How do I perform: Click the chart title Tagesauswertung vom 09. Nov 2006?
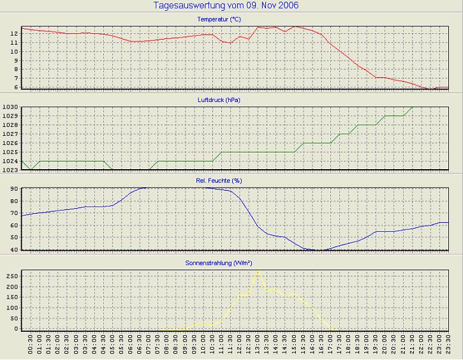(226, 6)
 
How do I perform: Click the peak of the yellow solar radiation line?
(258, 272)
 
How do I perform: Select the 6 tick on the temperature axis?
(16, 87)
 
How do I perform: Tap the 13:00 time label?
(258, 345)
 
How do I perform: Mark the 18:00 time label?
(348, 345)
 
